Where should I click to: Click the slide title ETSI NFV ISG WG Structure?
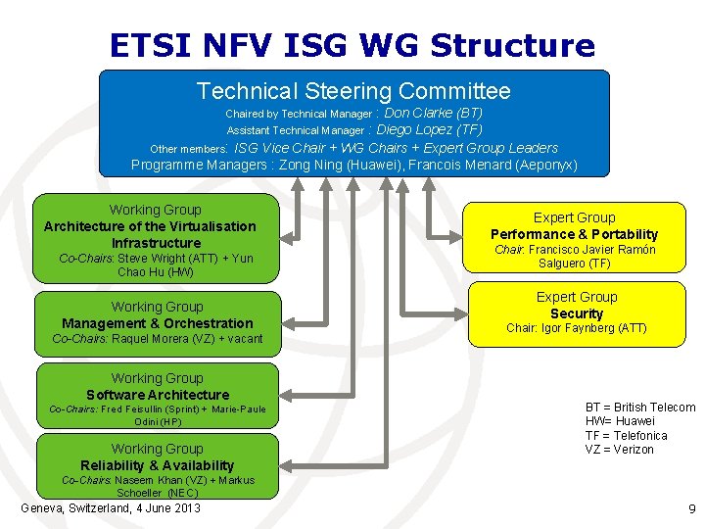tap(352, 45)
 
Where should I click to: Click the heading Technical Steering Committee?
tap(353, 91)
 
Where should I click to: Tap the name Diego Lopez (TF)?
tap(429, 129)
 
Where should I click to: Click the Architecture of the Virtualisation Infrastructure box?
tap(156, 234)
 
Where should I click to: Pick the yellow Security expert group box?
tap(576, 313)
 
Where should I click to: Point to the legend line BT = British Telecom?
tap(640, 408)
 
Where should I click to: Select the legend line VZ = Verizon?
tap(620, 450)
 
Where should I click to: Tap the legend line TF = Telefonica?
tap(627, 436)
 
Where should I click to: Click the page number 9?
tap(691, 508)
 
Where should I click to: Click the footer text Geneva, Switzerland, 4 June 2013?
tap(111, 507)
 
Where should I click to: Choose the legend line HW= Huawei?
tap(620, 421)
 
